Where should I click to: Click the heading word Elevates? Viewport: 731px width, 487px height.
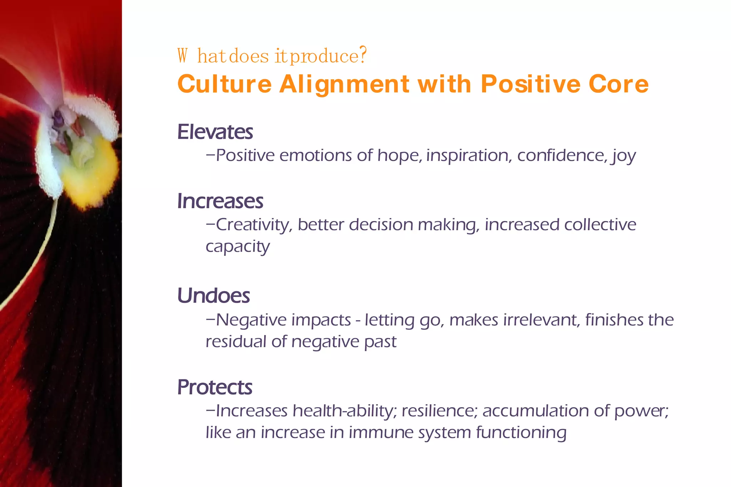(215, 132)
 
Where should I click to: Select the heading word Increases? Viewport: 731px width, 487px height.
(220, 201)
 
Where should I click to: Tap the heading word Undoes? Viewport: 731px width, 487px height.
(213, 296)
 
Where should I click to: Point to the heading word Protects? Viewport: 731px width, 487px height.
(215, 388)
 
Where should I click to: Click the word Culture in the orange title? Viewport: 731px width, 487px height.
(224, 84)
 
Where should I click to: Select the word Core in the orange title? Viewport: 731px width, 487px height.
(618, 84)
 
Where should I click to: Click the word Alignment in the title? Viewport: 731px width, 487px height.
(344, 84)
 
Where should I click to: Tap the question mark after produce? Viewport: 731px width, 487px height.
(363, 56)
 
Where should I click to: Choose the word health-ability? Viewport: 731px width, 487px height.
(344, 411)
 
